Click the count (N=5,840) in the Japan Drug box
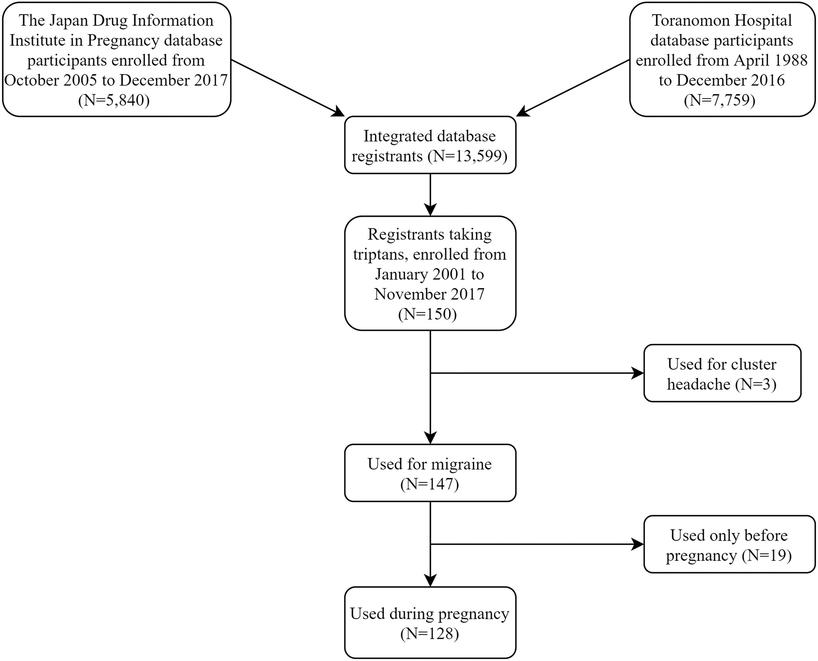(114, 100)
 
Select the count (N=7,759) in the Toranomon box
(720, 100)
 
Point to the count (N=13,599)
(468, 156)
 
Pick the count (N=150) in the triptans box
(427, 314)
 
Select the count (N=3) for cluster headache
(756, 384)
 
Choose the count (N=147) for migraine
(430, 484)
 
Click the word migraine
(462, 464)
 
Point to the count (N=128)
(430, 634)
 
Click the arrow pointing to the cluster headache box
(537, 373)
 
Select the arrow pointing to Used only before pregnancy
(537, 544)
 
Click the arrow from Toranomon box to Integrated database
(573, 88)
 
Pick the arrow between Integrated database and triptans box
(430, 195)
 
